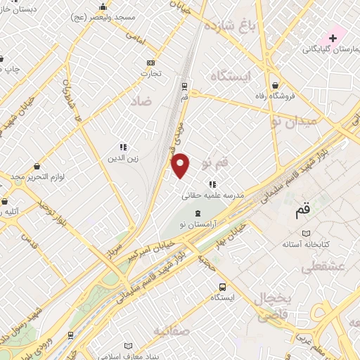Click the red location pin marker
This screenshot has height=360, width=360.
click(181, 165)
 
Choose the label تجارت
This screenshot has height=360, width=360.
click(150, 72)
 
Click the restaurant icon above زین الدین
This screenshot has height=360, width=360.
click(122, 148)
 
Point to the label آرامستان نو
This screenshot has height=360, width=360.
click(198, 222)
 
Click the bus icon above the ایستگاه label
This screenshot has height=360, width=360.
click(222, 287)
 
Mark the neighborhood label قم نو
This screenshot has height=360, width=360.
click(214, 163)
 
